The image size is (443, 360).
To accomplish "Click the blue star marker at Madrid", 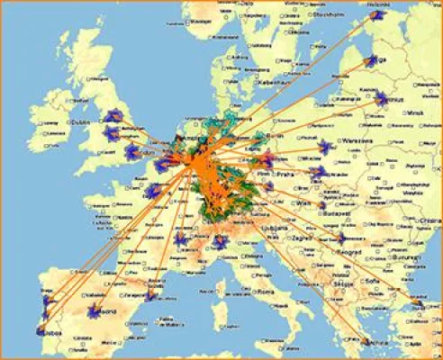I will click(x=94, y=312).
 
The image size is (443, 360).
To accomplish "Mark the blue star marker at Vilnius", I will click(x=382, y=98).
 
